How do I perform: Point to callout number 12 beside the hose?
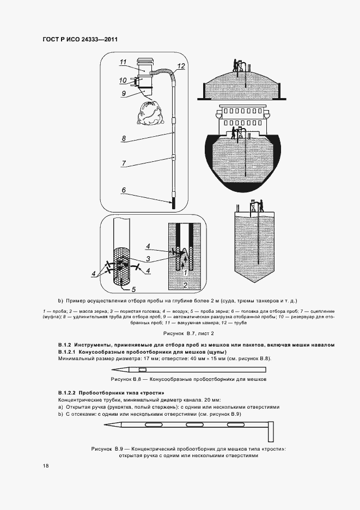tap(181, 66)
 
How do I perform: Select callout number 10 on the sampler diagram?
tap(123, 81)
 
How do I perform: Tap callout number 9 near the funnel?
tap(124, 93)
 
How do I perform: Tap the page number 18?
tap(46, 465)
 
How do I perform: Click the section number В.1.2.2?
tap(67, 393)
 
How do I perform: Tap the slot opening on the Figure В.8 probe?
tap(143, 370)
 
